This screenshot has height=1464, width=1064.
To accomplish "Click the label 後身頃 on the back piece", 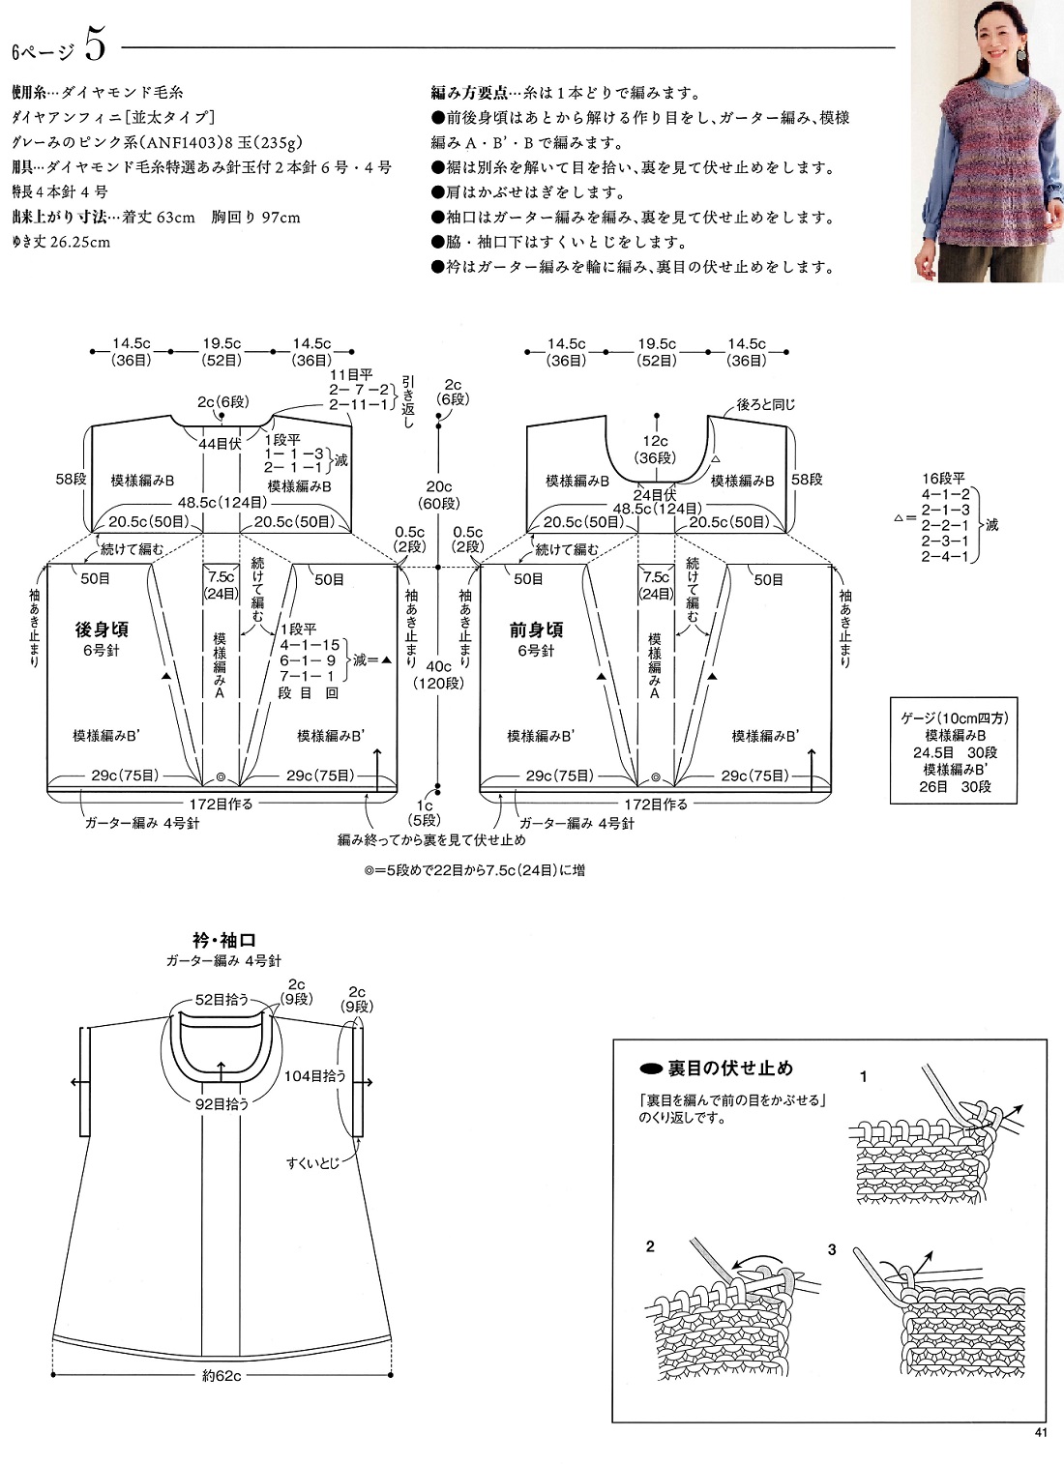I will click(x=102, y=630).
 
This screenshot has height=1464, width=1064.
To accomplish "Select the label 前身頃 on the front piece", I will click(x=536, y=630).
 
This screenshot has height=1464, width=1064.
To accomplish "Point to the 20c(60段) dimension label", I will click(x=439, y=495).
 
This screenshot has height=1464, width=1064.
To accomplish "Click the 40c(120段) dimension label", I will click(x=439, y=675).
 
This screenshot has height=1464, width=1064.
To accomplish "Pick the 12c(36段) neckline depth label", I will click(x=656, y=450).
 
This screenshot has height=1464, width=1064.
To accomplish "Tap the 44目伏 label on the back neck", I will click(x=220, y=444).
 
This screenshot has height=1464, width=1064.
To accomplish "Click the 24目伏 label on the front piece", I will click(x=655, y=495).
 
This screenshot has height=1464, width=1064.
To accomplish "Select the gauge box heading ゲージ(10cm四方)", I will click(x=955, y=717).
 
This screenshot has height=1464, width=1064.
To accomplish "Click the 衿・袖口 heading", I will click(x=224, y=940).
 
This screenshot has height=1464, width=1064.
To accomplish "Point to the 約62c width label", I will click(x=222, y=1376).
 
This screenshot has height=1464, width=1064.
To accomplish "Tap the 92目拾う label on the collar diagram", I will click(x=222, y=1103).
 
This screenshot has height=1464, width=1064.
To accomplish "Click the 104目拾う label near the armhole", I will click(x=314, y=1075).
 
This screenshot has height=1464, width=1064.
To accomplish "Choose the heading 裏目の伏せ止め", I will click(x=729, y=1069).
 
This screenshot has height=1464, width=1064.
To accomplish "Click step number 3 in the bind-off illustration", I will click(x=832, y=1250).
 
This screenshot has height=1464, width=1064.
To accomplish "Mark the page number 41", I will click(x=1041, y=1433).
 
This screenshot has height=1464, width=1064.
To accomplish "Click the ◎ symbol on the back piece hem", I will click(x=221, y=777).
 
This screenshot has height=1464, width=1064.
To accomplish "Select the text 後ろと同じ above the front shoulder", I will click(x=765, y=404).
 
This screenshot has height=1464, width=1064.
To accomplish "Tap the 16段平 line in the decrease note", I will click(x=944, y=479).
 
